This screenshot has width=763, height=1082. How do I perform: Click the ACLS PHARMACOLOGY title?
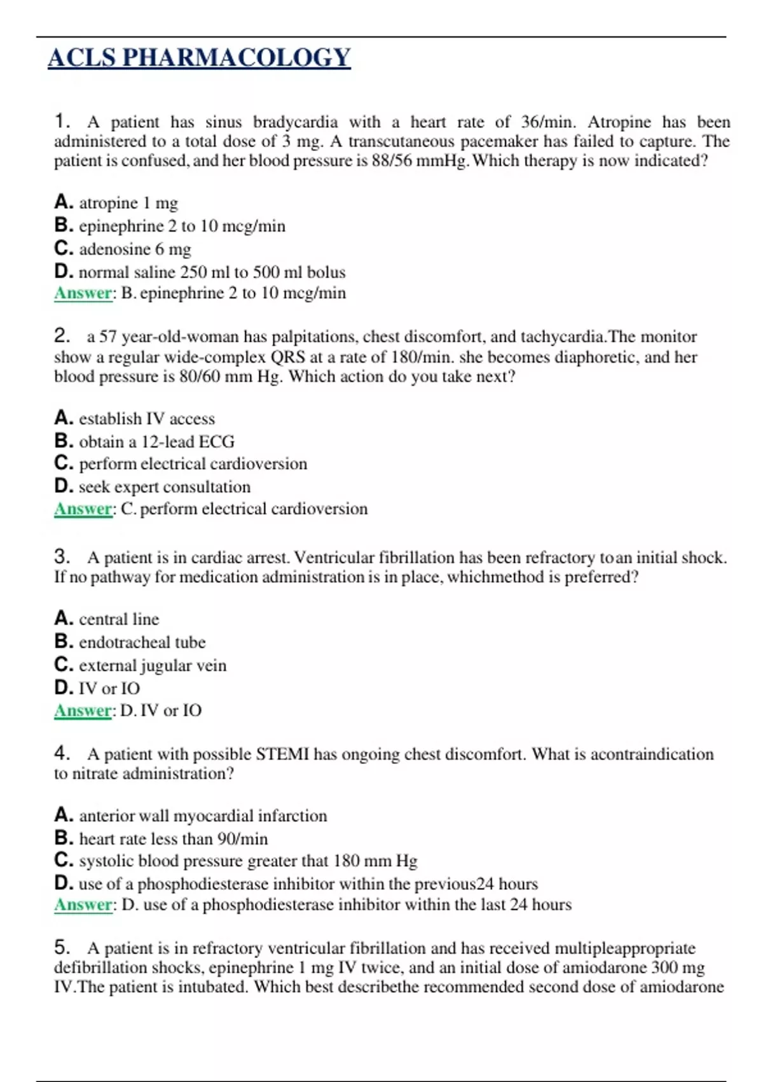(x=199, y=58)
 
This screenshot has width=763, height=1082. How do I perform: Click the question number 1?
(x=62, y=121)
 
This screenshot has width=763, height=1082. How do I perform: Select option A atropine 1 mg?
(x=116, y=203)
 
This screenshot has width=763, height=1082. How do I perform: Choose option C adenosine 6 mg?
(x=122, y=249)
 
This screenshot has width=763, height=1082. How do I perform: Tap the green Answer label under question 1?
(x=83, y=293)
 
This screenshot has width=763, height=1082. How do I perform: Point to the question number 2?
(x=62, y=335)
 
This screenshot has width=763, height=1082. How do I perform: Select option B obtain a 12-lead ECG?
(x=144, y=441)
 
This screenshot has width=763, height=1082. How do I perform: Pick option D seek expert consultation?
(x=152, y=487)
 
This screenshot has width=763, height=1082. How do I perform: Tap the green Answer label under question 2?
(x=83, y=509)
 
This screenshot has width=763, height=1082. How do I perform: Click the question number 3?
(x=62, y=557)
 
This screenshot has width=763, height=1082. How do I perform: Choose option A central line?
(x=106, y=619)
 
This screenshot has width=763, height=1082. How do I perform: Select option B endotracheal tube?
(x=130, y=642)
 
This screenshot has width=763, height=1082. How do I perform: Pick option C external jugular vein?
(x=140, y=665)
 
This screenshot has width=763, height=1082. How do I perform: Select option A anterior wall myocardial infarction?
(x=190, y=815)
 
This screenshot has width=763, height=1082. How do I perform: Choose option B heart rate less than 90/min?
(x=161, y=838)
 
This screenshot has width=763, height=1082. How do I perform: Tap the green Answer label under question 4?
(x=83, y=904)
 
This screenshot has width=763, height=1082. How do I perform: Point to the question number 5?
(x=62, y=947)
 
